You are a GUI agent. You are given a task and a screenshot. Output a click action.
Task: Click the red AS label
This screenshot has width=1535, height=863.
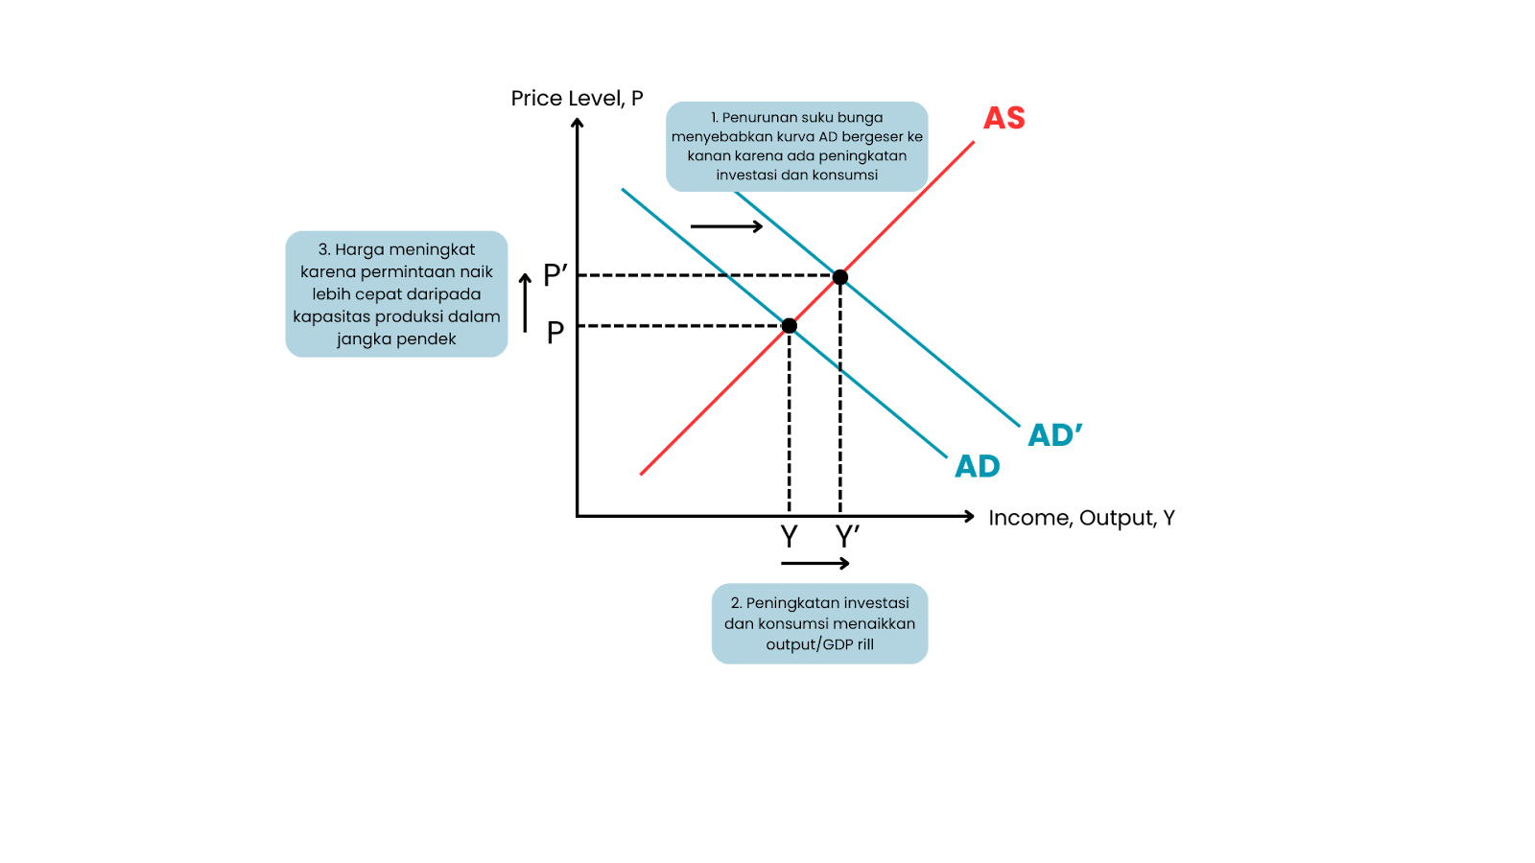[x=1004, y=118]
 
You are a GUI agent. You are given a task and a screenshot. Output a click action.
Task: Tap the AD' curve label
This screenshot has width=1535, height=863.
[x=1054, y=435]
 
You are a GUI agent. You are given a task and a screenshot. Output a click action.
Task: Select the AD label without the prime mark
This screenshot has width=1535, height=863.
[x=977, y=467]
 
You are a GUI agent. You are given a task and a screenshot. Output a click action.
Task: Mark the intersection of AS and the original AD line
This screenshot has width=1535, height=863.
[x=790, y=327]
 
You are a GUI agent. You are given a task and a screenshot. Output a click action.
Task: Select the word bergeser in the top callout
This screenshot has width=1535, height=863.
[x=872, y=136]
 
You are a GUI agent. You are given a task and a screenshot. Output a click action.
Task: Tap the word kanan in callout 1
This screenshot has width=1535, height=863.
[x=709, y=155]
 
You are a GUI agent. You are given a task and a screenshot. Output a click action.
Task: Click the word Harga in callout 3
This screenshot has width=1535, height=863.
[x=357, y=249]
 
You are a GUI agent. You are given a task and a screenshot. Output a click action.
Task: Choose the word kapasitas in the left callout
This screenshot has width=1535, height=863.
[x=329, y=316]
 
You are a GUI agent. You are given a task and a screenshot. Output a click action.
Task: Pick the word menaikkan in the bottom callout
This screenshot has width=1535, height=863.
[x=874, y=623]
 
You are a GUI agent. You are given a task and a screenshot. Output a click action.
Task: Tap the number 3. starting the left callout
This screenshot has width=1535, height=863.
[x=324, y=249]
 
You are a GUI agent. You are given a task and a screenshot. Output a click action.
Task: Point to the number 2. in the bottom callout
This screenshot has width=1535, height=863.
[x=736, y=603]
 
